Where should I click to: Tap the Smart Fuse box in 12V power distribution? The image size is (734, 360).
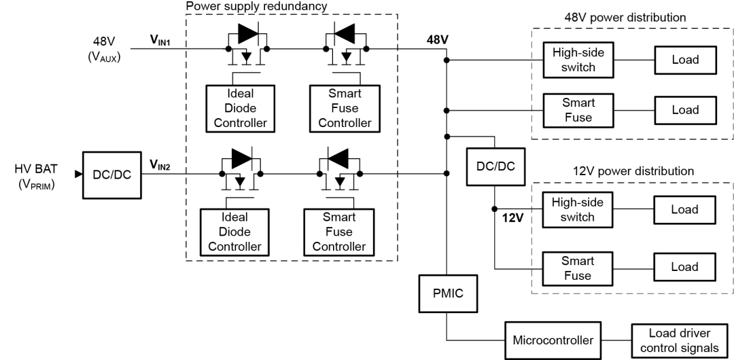click(x=576, y=268)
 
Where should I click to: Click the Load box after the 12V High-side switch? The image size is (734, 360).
click(x=684, y=209)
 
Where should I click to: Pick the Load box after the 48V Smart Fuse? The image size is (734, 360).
click(x=684, y=110)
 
